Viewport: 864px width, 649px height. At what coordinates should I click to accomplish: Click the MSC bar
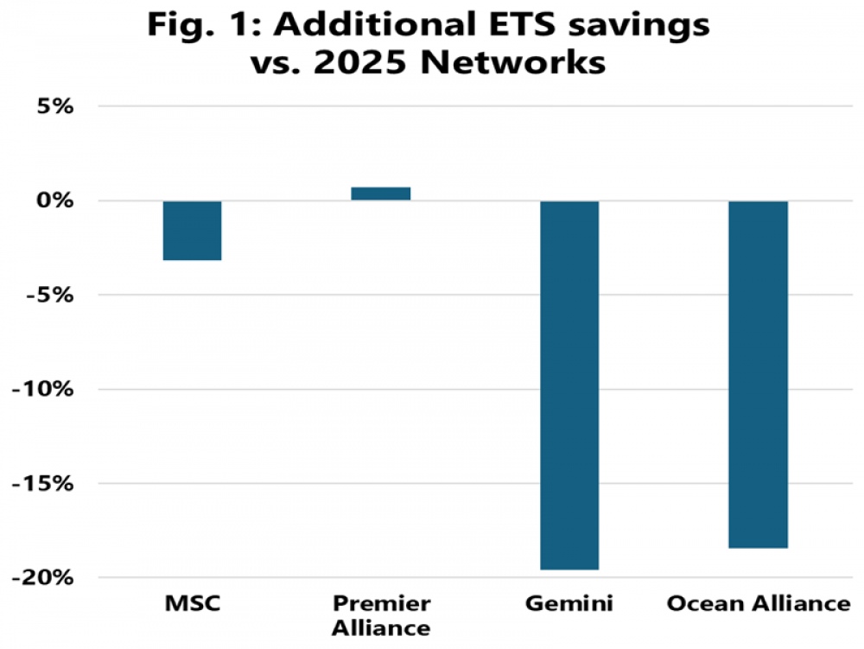coord(193,230)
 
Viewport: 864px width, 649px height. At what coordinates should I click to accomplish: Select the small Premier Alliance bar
coord(381,194)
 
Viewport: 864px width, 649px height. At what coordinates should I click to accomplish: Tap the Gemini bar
coord(569,385)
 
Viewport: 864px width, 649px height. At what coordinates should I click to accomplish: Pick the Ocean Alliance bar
coord(758,373)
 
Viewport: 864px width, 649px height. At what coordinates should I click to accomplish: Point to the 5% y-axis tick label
coord(54,107)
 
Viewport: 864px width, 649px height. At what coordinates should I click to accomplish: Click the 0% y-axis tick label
coord(54,201)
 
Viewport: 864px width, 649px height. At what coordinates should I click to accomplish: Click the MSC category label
coord(193,603)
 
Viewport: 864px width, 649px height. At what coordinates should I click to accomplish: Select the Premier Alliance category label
coord(381,614)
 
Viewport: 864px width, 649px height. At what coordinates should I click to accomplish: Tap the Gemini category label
coord(569,603)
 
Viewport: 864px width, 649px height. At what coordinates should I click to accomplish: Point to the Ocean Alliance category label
coord(758,603)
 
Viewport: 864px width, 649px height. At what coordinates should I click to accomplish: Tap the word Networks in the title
coord(530,62)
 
